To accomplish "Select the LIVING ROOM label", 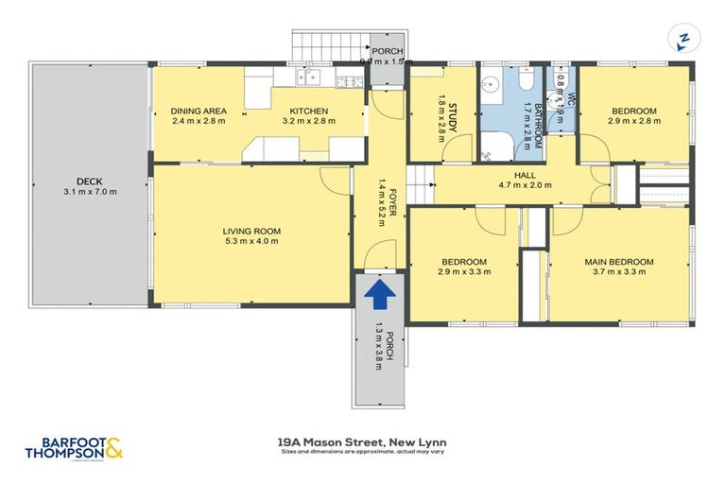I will [251, 231].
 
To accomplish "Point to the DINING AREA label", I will [199, 111].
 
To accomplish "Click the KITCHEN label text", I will [308, 111].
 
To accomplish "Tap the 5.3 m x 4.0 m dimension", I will [251, 242].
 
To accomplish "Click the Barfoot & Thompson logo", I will [75, 446].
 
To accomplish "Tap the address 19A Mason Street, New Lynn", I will [362, 441].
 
